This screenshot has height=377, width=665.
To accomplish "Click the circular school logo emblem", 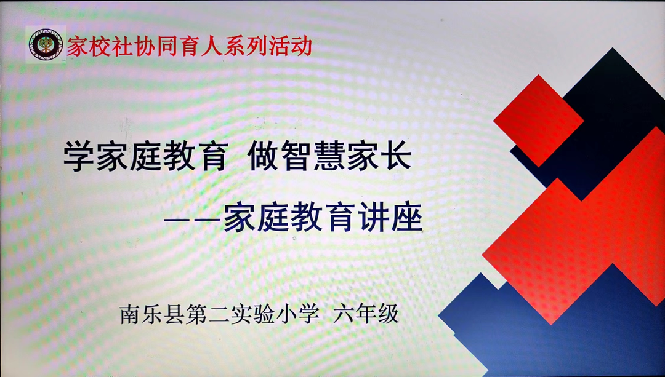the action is click(x=46, y=44).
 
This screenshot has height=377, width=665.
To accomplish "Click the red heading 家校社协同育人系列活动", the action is click(x=190, y=46).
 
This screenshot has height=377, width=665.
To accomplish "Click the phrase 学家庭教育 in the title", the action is click(x=146, y=156).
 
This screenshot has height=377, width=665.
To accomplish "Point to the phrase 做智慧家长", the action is click(x=329, y=156).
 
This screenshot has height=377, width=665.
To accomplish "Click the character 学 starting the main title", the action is click(x=79, y=156).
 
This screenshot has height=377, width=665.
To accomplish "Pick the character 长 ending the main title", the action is click(x=396, y=156).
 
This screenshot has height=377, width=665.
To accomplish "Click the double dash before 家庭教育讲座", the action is click(x=193, y=220).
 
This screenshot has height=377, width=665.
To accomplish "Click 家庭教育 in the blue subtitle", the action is click(x=290, y=218).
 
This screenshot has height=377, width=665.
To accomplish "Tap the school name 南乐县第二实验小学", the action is click(x=219, y=314).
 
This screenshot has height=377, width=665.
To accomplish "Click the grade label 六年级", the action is click(x=366, y=314).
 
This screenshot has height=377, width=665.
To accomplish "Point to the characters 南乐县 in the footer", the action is click(x=153, y=314).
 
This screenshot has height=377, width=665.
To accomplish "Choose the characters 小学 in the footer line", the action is click(x=297, y=314).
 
